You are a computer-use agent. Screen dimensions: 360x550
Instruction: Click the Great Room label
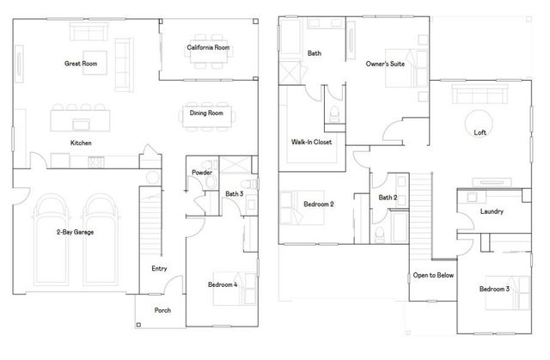[x=80, y=64]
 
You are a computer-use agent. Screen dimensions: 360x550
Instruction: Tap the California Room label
[x=208, y=47]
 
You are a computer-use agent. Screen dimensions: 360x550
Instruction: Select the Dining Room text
[x=206, y=113]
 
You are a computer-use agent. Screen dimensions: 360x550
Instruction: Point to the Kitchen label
[x=81, y=143]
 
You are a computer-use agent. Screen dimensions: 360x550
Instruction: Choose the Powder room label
[x=202, y=172]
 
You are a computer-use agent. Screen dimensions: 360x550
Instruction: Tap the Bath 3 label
[x=235, y=194]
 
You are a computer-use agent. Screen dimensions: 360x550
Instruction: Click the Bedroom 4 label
[x=223, y=284]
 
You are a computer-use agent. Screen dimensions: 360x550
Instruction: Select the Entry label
[x=159, y=268]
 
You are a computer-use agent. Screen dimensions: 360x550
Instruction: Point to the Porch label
[x=162, y=310]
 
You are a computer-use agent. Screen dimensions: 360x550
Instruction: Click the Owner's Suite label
[x=384, y=64]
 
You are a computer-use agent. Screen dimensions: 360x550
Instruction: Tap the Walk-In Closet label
[x=312, y=142]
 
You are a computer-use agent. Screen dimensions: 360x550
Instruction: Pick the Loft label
[x=480, y=132]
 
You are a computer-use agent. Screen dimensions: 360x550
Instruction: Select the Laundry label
[x=492, y=211]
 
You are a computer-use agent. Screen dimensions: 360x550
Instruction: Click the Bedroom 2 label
[x=319, y=204]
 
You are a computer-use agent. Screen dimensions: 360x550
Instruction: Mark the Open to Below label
[x=433, y=275]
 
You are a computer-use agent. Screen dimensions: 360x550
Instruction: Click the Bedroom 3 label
[x=494, y=289]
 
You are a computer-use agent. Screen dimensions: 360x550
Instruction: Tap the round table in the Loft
[x=478, y=119]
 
